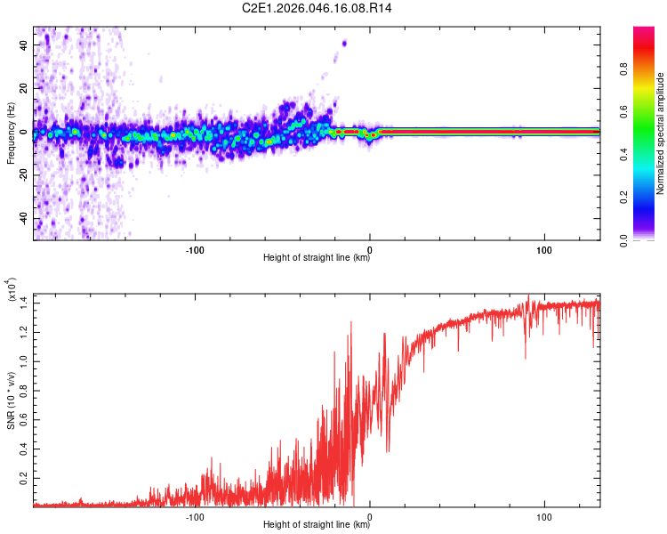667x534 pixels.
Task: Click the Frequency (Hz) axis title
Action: (11, 133)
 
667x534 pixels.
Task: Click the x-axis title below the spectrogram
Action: (317, 258)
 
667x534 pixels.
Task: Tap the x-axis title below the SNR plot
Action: (317, 525)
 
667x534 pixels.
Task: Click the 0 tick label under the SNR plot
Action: (370, 515)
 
